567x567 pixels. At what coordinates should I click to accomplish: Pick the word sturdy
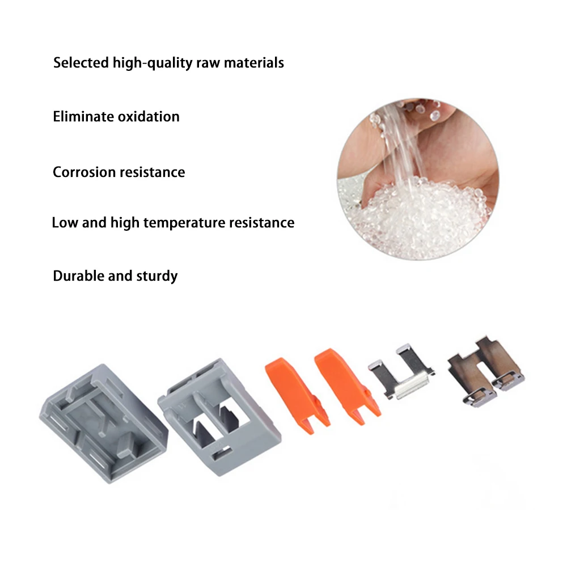point(157,276)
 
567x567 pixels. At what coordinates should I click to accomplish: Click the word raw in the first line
point(208,62)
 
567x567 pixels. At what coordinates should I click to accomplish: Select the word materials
point(253,62)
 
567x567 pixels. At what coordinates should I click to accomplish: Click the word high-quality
point(149,62)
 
